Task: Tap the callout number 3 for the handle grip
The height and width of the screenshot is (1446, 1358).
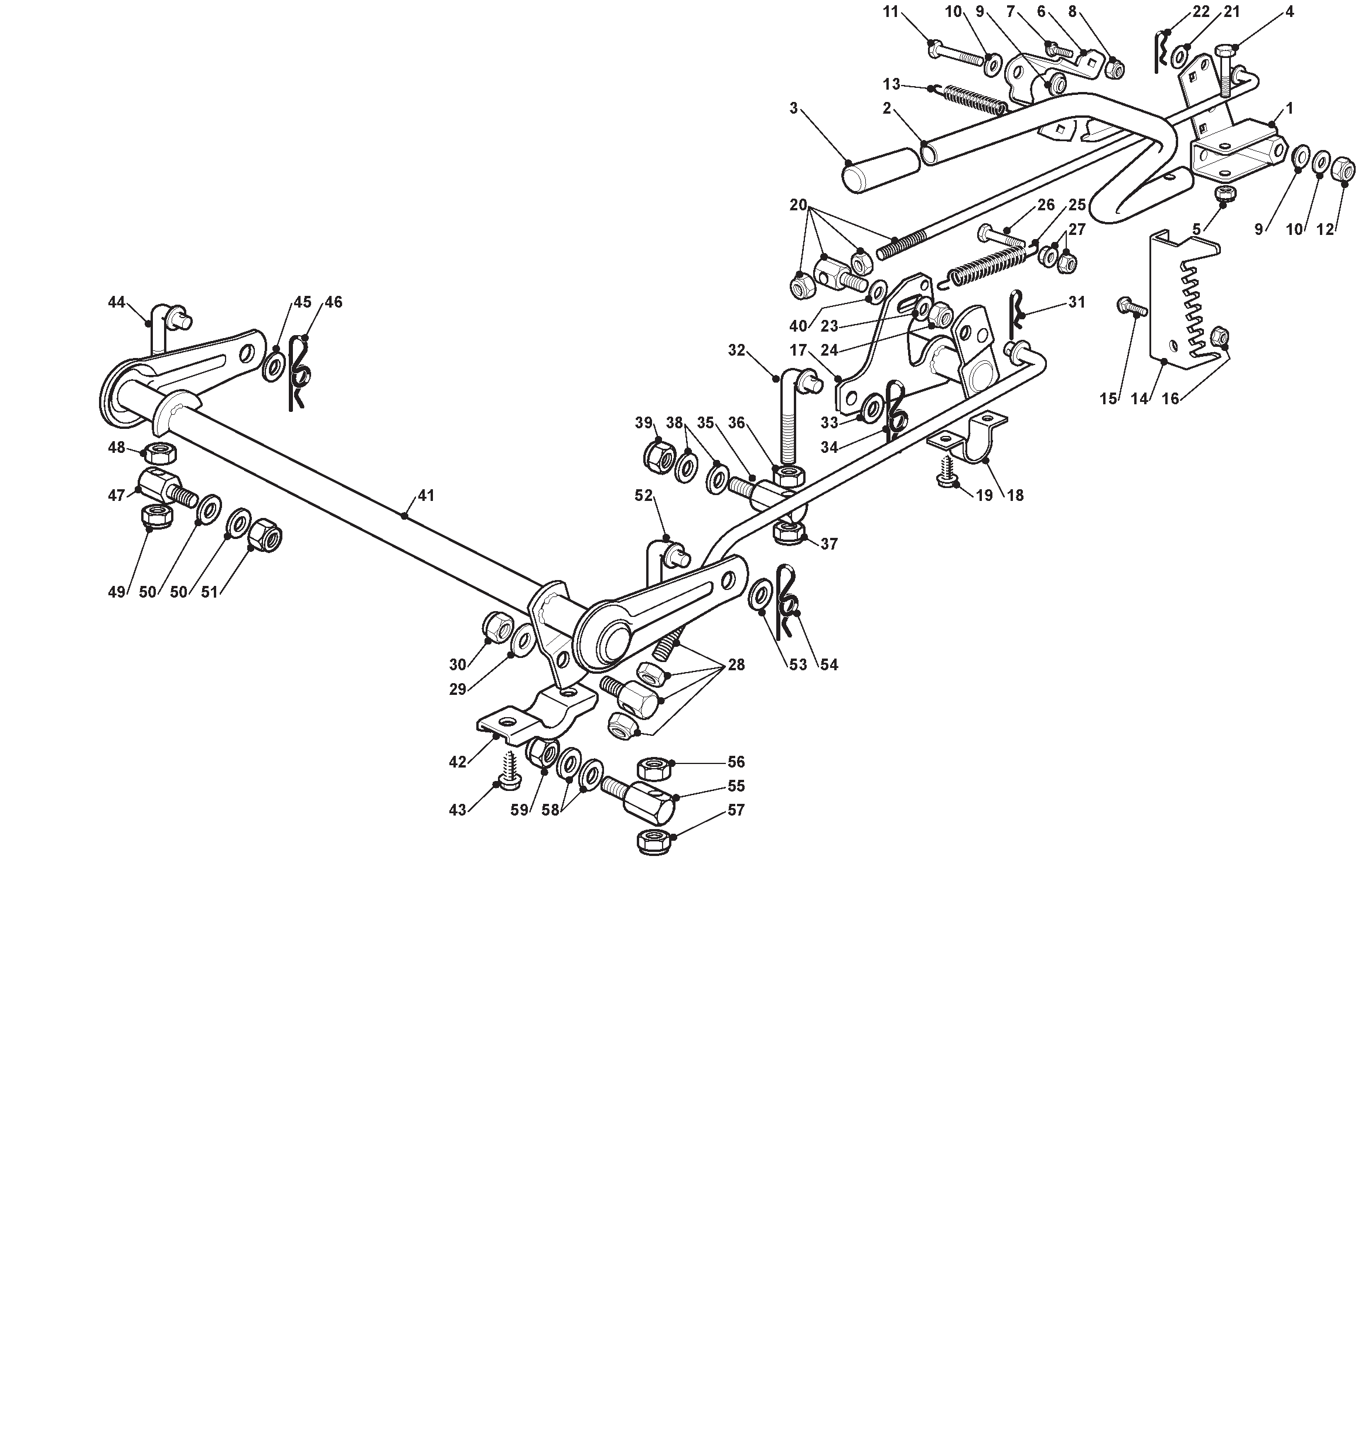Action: click(x=794, y=108)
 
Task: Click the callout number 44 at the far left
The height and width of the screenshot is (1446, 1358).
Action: click(x=117, y=302)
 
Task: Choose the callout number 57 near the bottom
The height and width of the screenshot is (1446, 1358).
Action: click(x=736, y=810)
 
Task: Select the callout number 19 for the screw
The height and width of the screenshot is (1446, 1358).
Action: click(x=984, y=495)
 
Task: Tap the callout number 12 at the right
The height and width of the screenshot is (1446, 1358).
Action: click(x=1326, y=230)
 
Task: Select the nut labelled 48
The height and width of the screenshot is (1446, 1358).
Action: click(x=157, y=452)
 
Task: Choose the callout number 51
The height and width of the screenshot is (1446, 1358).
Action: click(x=210, y=592)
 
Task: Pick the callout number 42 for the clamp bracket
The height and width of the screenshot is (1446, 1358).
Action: click(x=458, y=762)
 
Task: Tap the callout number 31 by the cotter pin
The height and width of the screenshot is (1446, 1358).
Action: click(x=1077, y=302)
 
